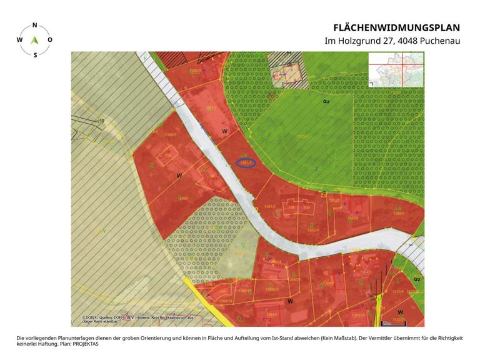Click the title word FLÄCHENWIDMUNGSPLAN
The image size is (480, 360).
tap(396, 27)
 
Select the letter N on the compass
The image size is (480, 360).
tap(34, 26)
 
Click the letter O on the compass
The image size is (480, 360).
tap(50, 39)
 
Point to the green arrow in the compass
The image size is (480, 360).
tap(34, 39)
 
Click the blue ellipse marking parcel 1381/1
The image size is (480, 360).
tap(246, 164)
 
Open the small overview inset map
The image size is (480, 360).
tap(396, 68)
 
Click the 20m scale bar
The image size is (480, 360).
tap(386, 323)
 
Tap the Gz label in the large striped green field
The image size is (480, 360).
tap(326, 101)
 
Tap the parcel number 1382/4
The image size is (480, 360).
tap(313, 228)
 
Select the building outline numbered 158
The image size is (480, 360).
tap(168, 155)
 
